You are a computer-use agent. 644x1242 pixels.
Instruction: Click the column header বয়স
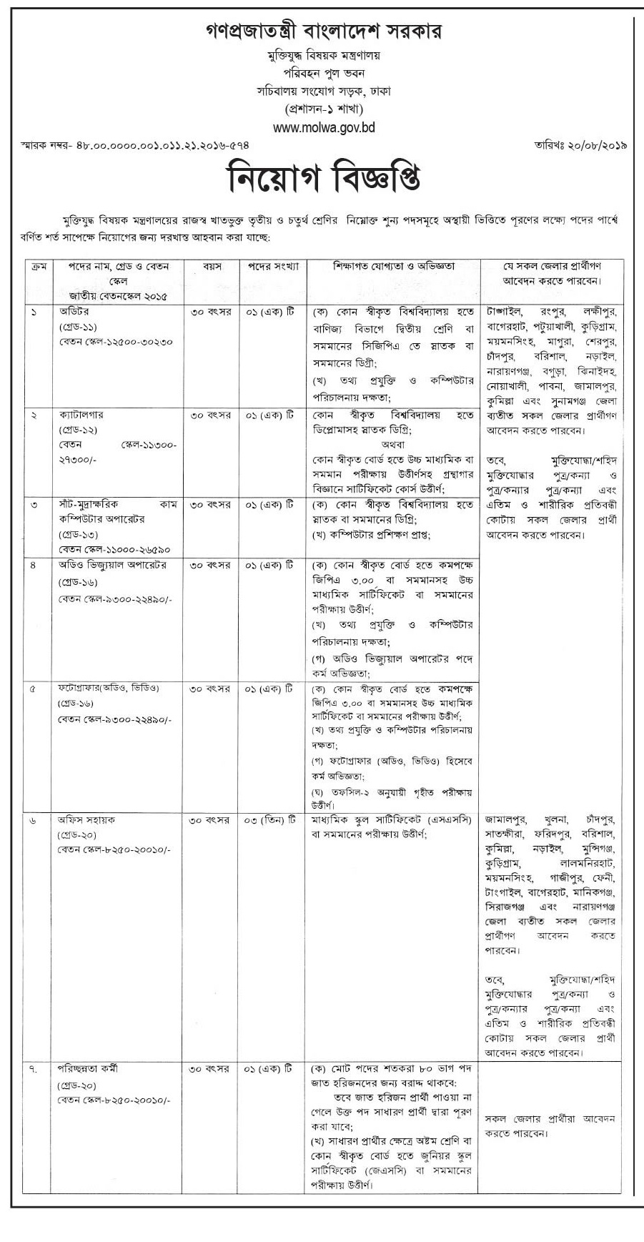pos(212,266)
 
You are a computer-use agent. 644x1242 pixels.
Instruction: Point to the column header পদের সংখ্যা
pos(273,266)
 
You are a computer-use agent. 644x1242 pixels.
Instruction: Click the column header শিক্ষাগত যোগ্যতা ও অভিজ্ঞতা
pos(393,266)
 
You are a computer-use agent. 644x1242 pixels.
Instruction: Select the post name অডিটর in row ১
pos(73,312)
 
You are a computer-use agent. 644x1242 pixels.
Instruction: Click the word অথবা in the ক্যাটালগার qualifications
pos(393,444)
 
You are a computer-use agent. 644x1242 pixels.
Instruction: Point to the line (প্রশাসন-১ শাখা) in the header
pos(324,110)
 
